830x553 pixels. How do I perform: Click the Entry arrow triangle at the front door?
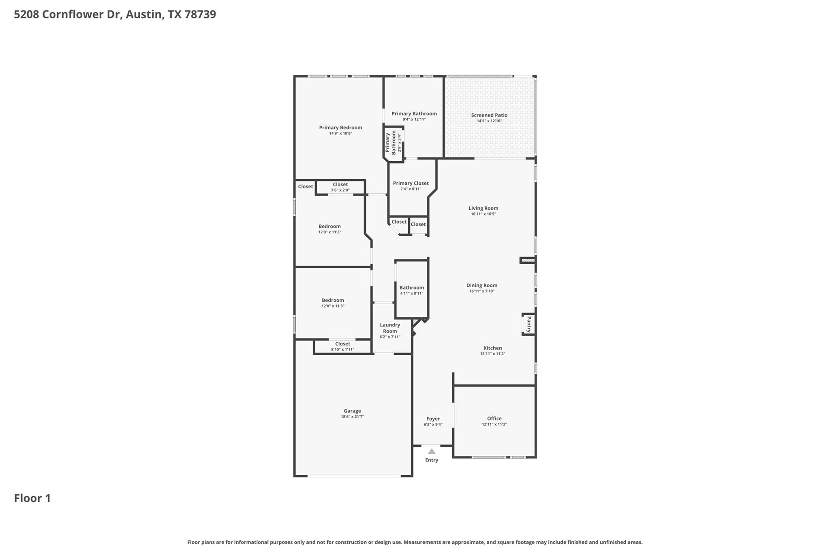pyautogui.click(x=432, y=451)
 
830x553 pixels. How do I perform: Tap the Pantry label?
pyautogui.click(x=529, y=325)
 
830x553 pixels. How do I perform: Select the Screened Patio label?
pyautogui.click(x=489, y=115)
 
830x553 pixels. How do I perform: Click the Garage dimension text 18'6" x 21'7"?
pyautogui.click(x=352, y=416)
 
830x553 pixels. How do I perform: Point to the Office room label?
pyautogui.click(x=494, y=418)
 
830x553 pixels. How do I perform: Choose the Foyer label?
pyautogui.click(x=433, y=419)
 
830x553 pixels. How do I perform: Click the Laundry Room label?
pyautogui.click(x=390, y=328)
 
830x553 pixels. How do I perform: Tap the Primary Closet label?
pyautogui.click(x=411, y=183)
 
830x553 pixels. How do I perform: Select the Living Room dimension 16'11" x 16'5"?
pyautogui.click(x=483, y=214)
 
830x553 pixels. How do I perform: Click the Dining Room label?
pyautogui.click(x=481, y=285)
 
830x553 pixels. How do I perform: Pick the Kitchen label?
pyautogui.click(x=492, y=348)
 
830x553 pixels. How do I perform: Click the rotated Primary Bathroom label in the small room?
pyautogui.click(x=390, y=142)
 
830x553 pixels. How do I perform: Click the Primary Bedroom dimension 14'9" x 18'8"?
pyautogui.click(x=340, y=133)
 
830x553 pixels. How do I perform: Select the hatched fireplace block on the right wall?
pyautogui.click(x=528, y=260)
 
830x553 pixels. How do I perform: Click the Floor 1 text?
pyautogui.click(x=32, y=498)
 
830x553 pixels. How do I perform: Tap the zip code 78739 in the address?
pyautogui.click(x=200, y=15)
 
